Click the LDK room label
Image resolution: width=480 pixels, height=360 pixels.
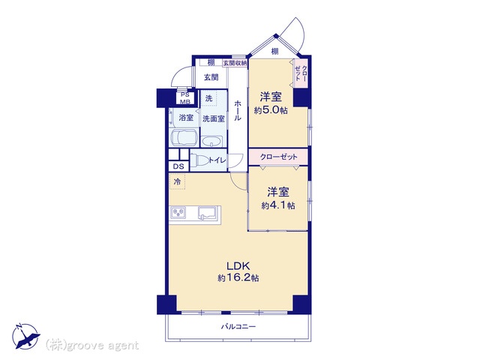pos(238,265)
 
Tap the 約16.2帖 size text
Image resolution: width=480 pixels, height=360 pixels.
pos(238,278)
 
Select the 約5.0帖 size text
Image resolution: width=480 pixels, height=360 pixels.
pos(271,110)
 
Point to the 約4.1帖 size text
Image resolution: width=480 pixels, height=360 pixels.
pos(278,205)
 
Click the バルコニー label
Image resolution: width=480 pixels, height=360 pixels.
pos(238,327)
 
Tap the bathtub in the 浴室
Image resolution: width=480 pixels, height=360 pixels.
pos(184,138)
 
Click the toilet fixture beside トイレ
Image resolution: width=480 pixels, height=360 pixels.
pos(199,160)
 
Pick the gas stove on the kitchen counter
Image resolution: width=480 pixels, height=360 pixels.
pos(178,212)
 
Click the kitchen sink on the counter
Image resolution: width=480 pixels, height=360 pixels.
pos(207,213)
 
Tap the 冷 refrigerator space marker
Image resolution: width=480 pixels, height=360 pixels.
pos(177,181)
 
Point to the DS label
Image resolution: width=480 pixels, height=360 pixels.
pos(178,166)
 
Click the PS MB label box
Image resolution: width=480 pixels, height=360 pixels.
pos(185,98)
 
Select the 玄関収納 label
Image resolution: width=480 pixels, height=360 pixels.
pos(235,63)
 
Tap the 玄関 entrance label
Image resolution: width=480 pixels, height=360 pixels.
pos(211,77)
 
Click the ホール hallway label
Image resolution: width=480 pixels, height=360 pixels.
pos(238,110)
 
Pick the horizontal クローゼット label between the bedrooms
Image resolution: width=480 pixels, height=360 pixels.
pos(278,157)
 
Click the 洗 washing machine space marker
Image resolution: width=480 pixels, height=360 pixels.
pos(208,98)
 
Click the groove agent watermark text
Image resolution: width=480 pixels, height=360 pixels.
pos(92,346)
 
